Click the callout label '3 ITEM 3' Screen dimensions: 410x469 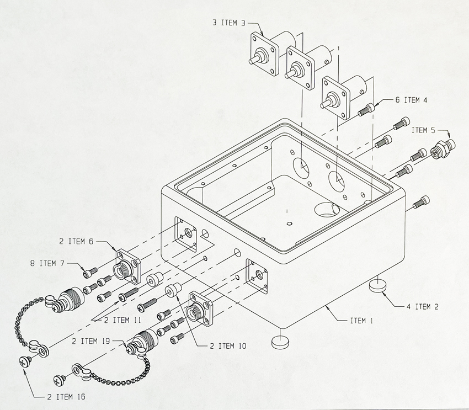point(228,23)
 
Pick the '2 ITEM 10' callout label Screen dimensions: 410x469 point(228,346)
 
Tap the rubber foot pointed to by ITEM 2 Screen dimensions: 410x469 point(378,285)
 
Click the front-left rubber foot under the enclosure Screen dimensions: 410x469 point(281,341)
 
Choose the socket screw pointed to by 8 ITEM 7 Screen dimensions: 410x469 point(89,271)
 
